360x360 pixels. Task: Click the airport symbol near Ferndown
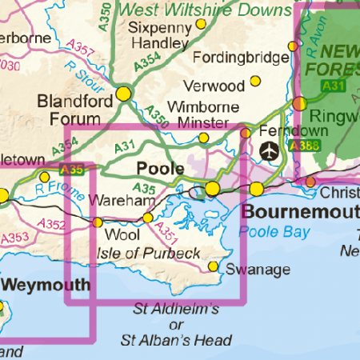click(271, 150)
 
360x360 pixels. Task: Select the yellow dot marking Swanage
click(214, 266)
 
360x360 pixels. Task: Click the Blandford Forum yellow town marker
click(123, 94)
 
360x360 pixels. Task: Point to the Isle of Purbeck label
click(148, 254)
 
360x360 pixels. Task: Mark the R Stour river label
click(81, 74)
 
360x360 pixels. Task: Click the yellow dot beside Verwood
click(255, 81)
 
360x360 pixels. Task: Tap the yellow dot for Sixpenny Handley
click(202, 25)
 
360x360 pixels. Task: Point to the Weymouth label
click(45, 285)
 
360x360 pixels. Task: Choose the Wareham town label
click(119, 200)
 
